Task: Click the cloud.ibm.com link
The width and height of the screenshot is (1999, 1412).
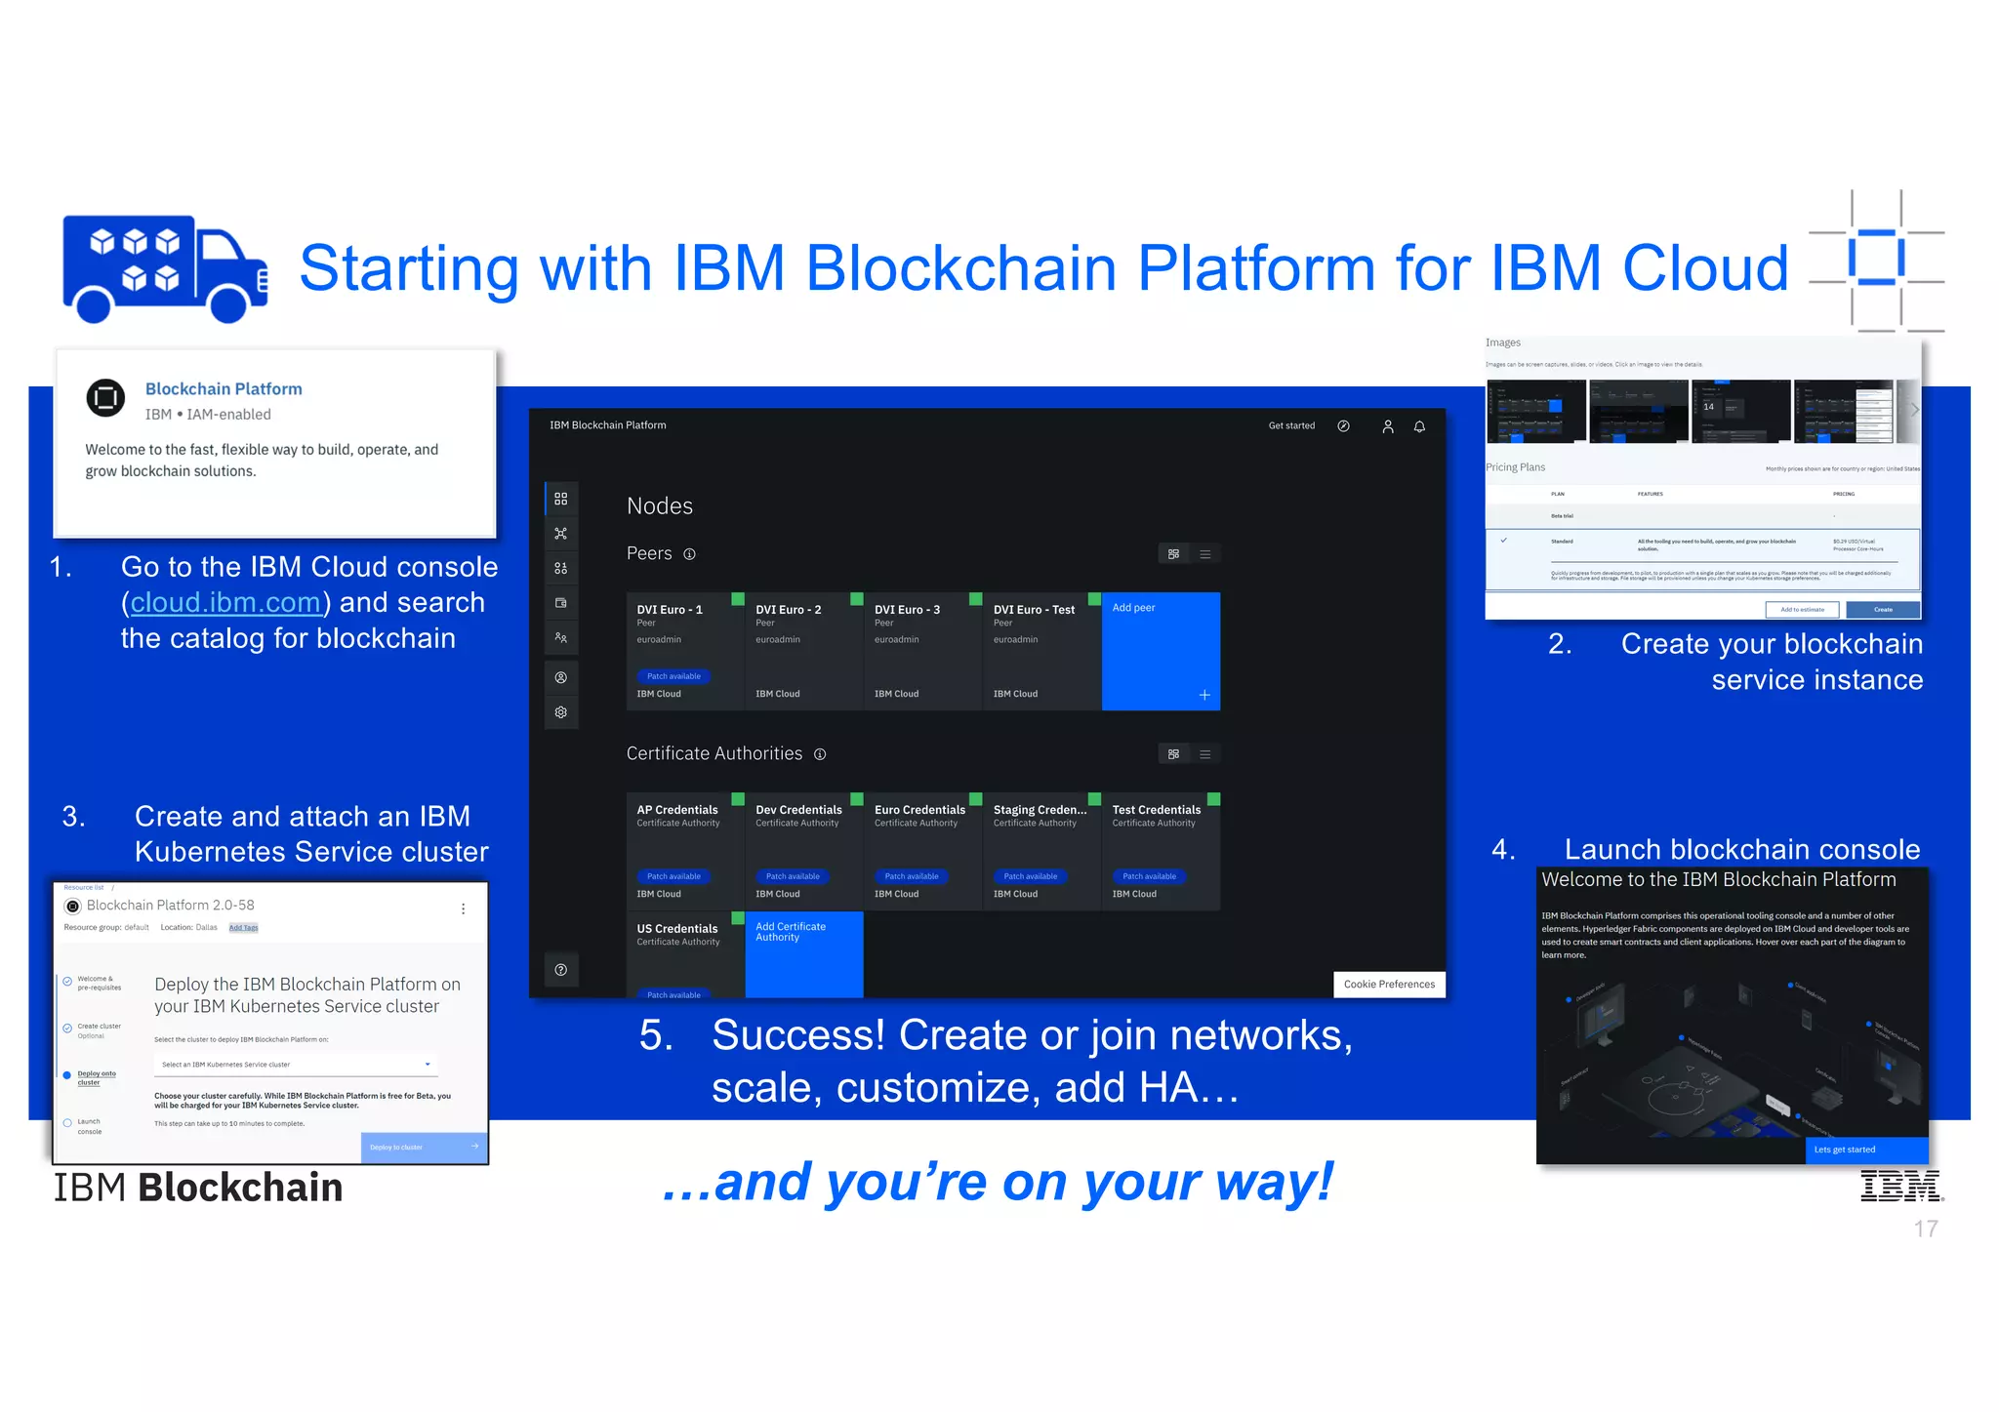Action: [225, 603]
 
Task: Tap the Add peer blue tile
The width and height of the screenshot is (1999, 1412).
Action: [1161, 651]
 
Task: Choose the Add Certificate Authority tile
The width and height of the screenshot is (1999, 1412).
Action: [803, 953]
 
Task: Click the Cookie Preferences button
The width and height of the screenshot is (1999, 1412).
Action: [1388, 984]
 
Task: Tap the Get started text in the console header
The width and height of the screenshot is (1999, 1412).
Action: [1291, 425]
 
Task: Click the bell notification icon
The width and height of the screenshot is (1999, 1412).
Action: [1419, 426]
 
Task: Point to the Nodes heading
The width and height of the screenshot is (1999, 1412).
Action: [660, 505]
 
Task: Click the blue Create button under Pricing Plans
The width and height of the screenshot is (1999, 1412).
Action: [1883, 610]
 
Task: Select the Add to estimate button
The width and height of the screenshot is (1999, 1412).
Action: [1802, 610]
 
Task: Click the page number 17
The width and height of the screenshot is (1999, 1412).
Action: [1925, 1229]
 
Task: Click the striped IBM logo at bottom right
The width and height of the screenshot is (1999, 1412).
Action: [1900, 1186]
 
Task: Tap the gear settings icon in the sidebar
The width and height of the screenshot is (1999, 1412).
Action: [561, 712]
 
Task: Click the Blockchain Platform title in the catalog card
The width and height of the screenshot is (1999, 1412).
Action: [224, 388]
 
